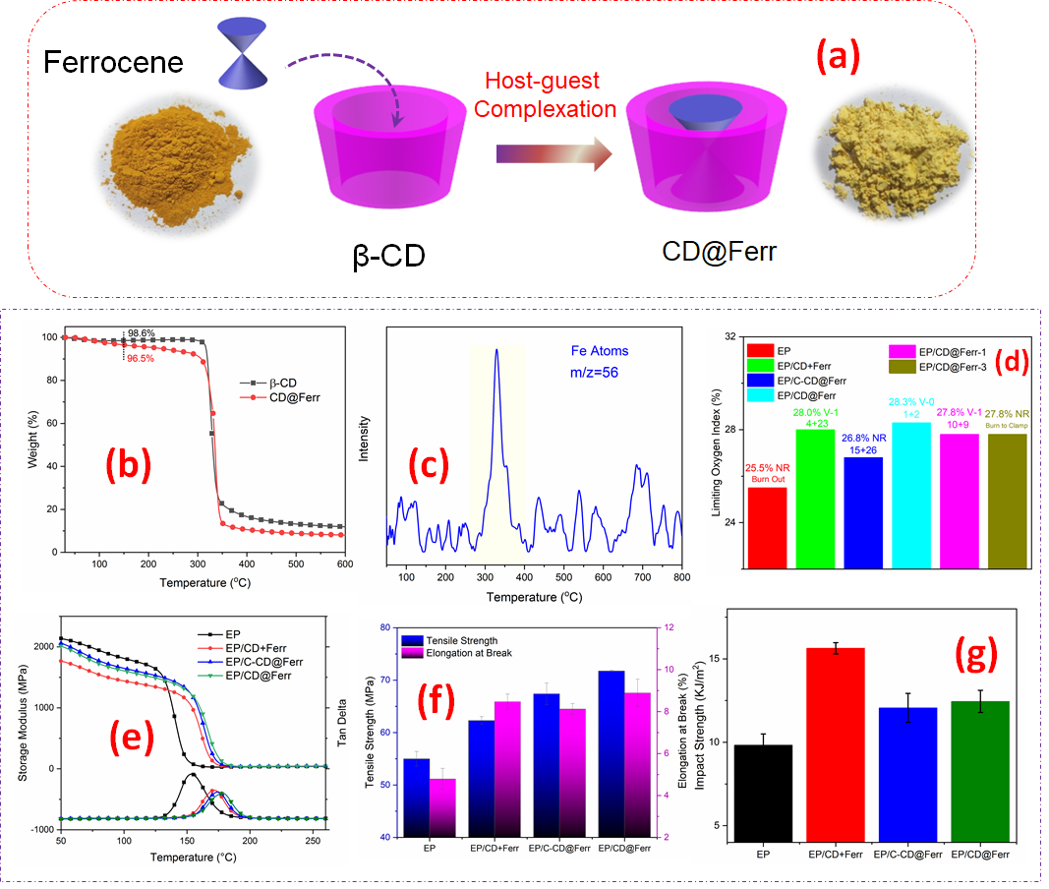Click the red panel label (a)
[834, 58]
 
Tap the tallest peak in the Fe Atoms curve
[496, 350]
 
